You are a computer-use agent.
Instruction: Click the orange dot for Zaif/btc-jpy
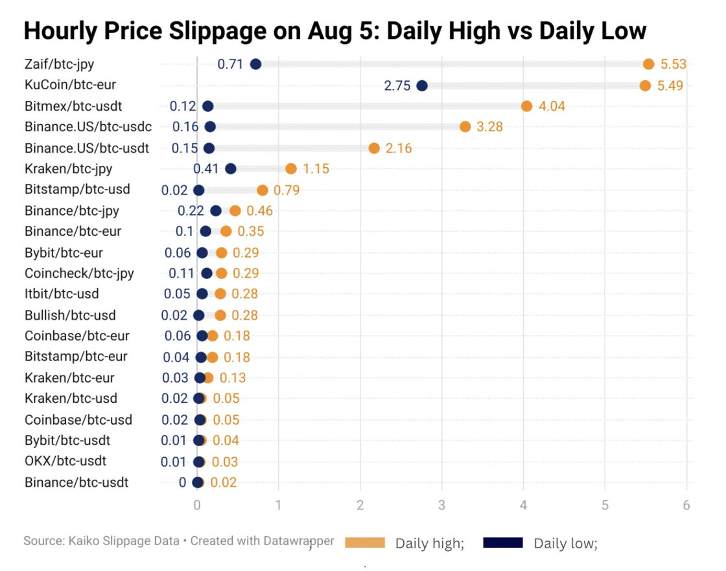pyautogui.click(x=648, y=63)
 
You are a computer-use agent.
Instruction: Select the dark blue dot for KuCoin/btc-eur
pyautogui.click(x=422, y=85)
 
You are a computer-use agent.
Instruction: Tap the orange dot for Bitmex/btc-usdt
pyautogui.click(x=526, y=106)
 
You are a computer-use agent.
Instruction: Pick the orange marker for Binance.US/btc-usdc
pyautogui.click(x=465, y=127)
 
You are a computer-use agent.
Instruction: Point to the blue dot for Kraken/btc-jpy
pyautogui.click(x=230, y=169)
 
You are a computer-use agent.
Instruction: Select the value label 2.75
pyautogui.click(x=397, y=85)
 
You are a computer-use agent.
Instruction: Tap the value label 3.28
pyautogui.click(x=489, y=127)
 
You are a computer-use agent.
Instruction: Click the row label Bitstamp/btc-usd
pyautogui.click(x=77, y=190)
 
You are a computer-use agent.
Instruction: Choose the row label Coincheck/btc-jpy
pyautogui.click(x=79, y=273)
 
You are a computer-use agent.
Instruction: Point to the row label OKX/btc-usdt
pyautogui.click(x=65, y=461)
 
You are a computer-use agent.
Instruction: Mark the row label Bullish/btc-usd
pyautogui.click(x=70, y=315)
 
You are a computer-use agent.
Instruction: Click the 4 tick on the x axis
pyautogui.click(x=523, y=505)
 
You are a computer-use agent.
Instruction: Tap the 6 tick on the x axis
pyautogui.click(x=686, y=505)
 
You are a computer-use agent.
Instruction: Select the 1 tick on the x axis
pyautogui.click(x=279, y=505)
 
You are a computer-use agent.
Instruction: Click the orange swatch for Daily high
pyautogui.click(x=366, y=543)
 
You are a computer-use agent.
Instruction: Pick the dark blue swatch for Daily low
pyautogui.click(x=503, y=543)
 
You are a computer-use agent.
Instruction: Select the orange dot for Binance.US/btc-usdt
pyautogui.click(x=374, y=148)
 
